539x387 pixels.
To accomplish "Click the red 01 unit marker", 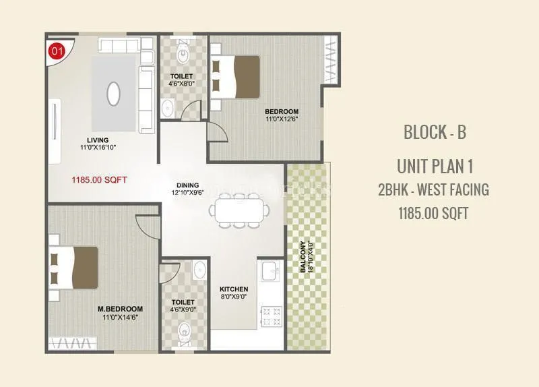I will tap(57, 51).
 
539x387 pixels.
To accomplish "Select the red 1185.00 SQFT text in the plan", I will tap(99, 180).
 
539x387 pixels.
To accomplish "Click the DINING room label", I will tap(187, 184).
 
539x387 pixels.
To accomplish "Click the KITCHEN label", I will tap(234, 289).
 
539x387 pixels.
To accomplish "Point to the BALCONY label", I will tap(304, 257).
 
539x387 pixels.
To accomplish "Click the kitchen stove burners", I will tap(271, 315).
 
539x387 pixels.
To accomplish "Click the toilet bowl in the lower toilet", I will tap(183, 331).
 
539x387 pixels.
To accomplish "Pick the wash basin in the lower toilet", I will tap(199, 270).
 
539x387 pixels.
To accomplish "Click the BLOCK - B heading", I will tap(434, 132).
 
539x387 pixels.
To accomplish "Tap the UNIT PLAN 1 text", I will tap(434, 167).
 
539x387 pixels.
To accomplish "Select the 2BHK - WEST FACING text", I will tap(434, 190).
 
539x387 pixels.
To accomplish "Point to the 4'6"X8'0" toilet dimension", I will tap(182, 84).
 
